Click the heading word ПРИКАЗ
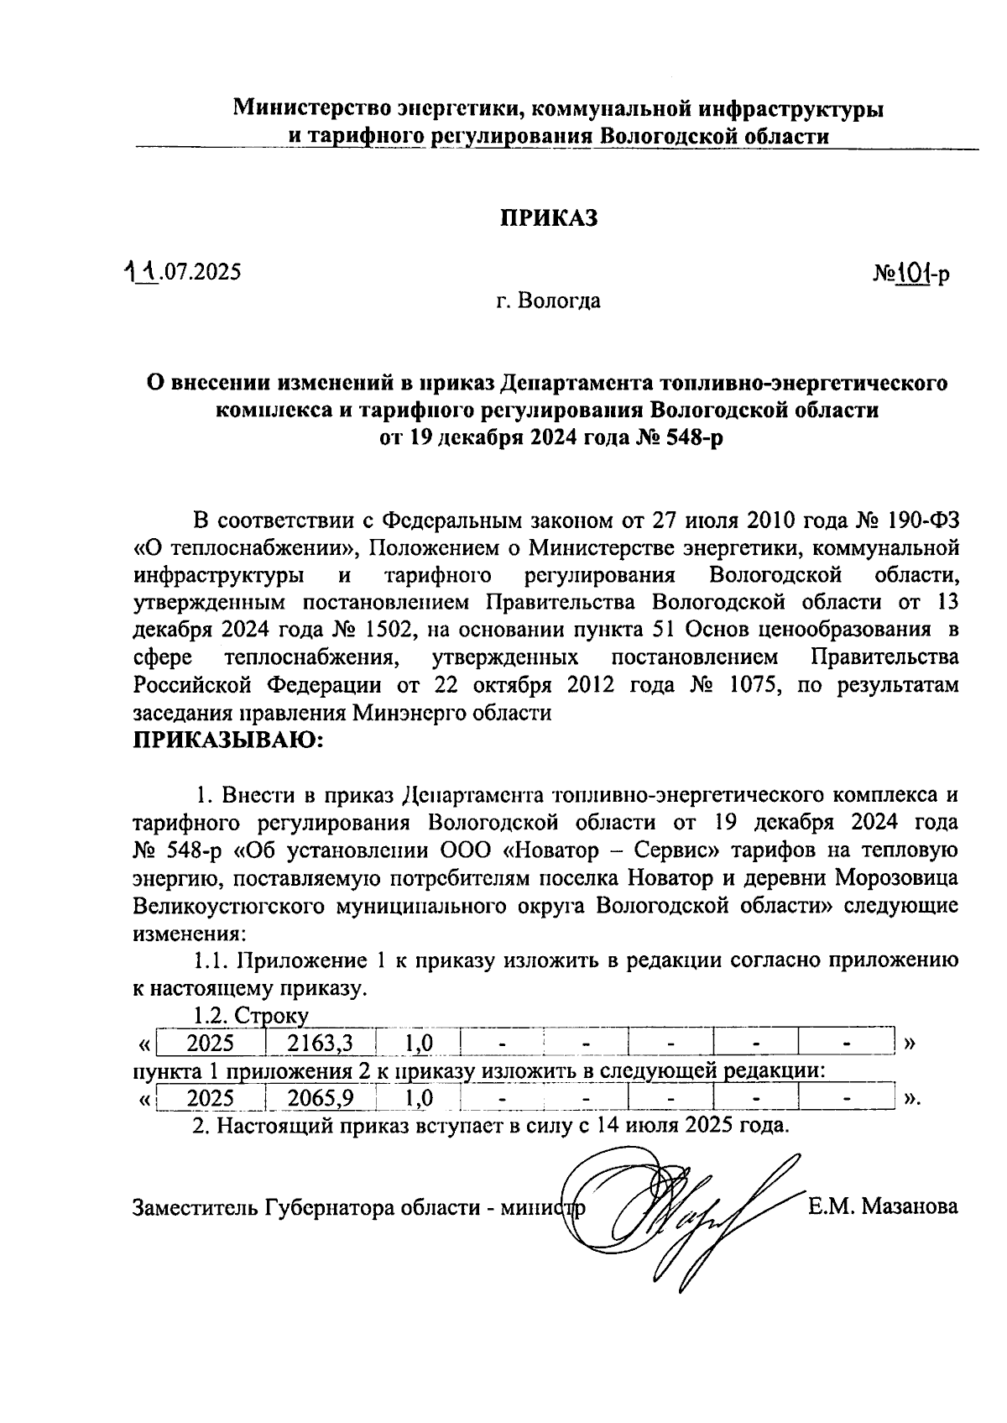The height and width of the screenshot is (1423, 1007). pos(549,218)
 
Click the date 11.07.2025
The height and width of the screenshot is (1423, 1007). pos(181,272)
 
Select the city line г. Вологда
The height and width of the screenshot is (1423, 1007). pos(548,301)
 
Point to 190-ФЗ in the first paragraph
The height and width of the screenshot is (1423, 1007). pos(919,521)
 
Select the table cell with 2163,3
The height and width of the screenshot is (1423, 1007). pos(320,1044)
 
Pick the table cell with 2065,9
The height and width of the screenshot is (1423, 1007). pos(320,1098)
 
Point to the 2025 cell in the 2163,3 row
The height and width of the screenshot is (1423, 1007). pos(210,1044)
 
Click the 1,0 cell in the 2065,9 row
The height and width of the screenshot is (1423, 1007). pos(418,1098)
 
